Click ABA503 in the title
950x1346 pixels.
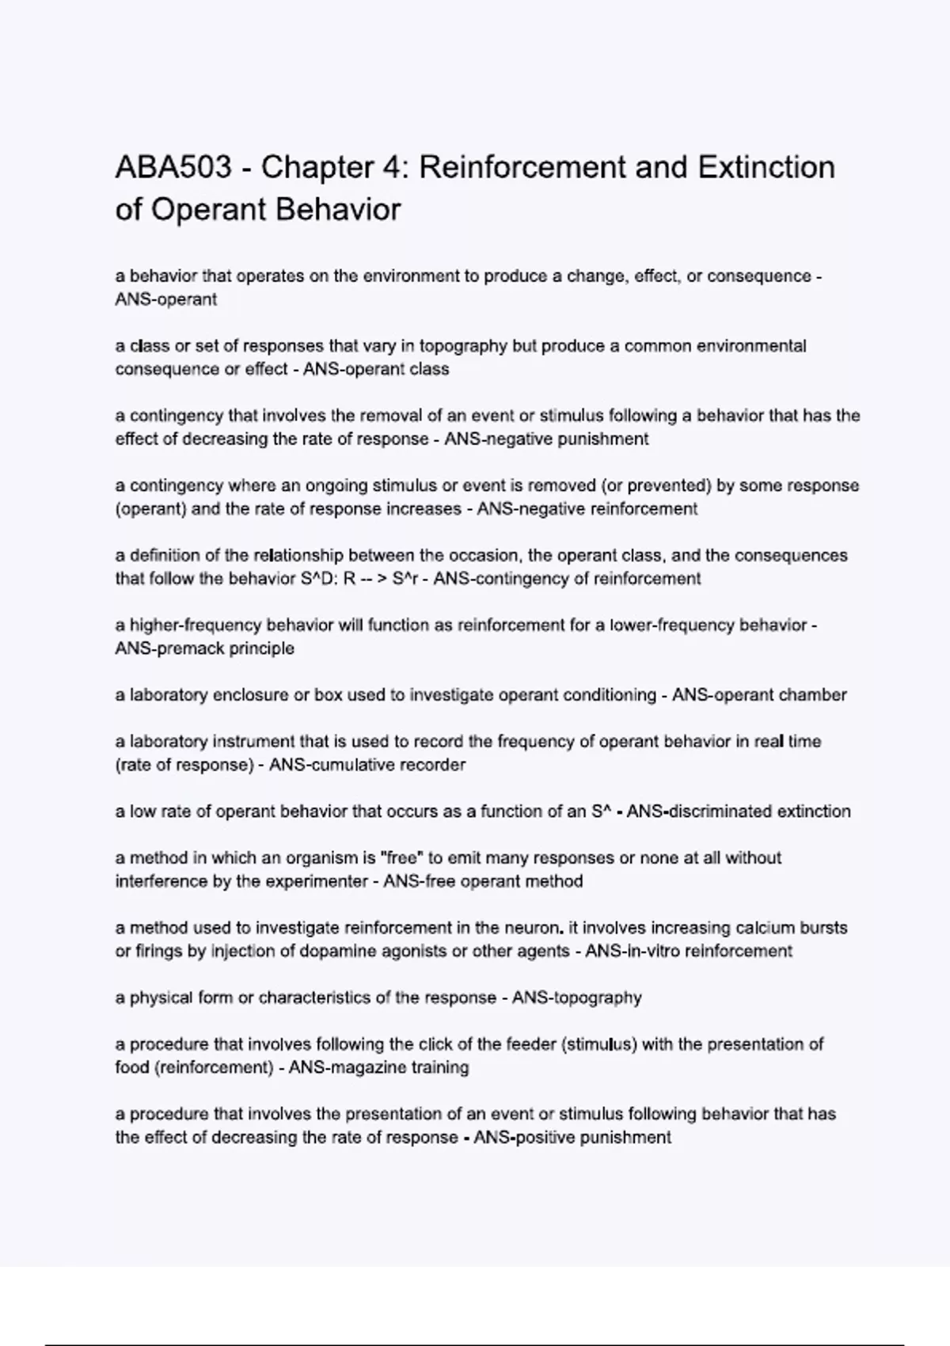tap(173, 168)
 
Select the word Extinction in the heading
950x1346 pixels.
tap(766, 168)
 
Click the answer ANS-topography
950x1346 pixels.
tap(577, 998)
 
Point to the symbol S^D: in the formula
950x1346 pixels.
tap(321, 579)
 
